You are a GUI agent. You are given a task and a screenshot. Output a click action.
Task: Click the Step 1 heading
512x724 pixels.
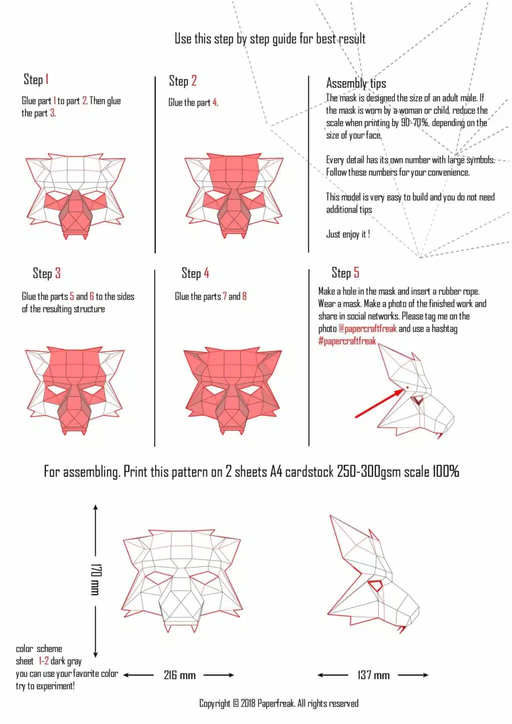pyautogui.click(x=36, y=79)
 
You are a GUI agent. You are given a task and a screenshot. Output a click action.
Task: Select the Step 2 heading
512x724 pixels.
pyautogui.click(x=182, y=81)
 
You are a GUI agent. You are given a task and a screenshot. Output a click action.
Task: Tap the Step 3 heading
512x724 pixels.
pyautogui.click(x=46, y=273)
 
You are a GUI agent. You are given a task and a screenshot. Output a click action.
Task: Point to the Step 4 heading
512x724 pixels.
pyautogui.click(x=195, y=273)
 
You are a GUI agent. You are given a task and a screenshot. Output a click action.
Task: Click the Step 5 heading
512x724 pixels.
pyautogui.click(x=345, y=273)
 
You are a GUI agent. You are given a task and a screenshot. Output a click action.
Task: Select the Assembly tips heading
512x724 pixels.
pyautogui.click(x=356, y=83)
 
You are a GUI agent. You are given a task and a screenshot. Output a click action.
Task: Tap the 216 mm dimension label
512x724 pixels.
pyautogui.click(x=179, y=675)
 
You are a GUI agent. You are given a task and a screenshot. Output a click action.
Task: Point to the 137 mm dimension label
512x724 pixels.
pyautogui.click(x=373, y=675)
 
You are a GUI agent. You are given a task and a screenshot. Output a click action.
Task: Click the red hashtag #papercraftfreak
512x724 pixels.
pyautogui.click(x=347, y=341)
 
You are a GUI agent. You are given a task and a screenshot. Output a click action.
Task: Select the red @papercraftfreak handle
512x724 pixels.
pyautogui.click(x=367, y=328)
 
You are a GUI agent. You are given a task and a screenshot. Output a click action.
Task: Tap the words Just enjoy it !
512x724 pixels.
pyautogui.click(x=348, y=234)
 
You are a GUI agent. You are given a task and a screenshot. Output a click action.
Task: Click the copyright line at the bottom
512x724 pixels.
pyautogui.click(x=278, y=703)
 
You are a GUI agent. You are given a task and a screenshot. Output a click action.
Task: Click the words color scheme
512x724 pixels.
pyautogui.click(x=39, y=649)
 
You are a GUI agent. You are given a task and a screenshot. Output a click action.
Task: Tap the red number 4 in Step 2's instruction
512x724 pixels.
pyautogui.click(x=215, y=102)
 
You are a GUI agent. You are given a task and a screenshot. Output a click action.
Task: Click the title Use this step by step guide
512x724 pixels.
pyautogui.click(x=269, y=39)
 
